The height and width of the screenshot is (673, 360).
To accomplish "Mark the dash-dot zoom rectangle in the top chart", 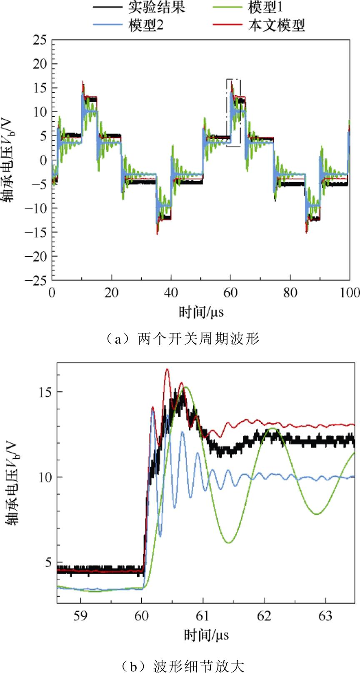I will (x=234, y=113).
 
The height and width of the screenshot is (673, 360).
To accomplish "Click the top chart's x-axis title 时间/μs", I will (x=201, y=311).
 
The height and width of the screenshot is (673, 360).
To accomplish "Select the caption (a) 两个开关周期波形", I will (x=180, y=339).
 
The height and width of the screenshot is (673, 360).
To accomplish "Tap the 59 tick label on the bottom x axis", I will (x=80, y=615).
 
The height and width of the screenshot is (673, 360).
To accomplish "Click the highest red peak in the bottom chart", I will (x=167, y=369).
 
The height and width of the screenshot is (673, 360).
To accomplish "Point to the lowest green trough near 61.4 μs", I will (x=229, y=543).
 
